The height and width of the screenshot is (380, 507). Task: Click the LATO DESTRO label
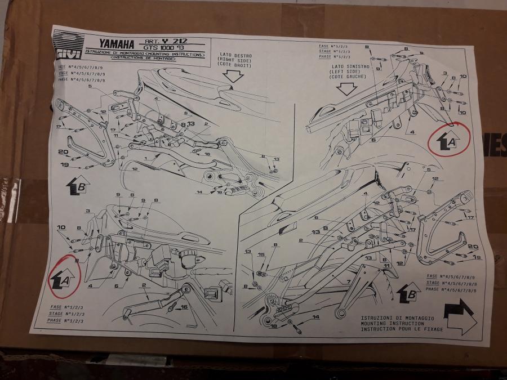236,56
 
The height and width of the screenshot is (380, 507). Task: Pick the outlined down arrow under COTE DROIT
235,77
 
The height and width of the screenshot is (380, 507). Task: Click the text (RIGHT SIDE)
236,61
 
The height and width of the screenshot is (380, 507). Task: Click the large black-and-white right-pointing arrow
460,316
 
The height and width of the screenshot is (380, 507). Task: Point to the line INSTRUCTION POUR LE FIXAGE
402,329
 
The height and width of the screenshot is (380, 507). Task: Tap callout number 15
261,254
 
